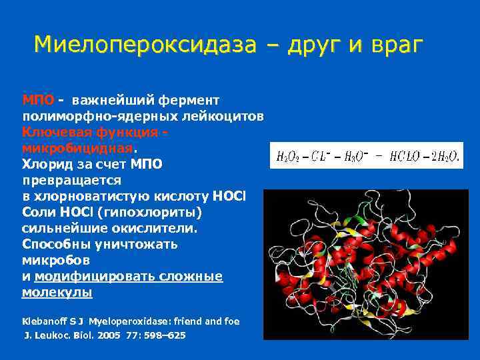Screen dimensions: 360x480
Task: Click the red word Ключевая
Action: pos(54,132)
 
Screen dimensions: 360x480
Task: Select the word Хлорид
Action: pos(47,164)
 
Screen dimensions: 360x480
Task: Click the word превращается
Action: pos(71,180)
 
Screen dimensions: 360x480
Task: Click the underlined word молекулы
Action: pos(57,292)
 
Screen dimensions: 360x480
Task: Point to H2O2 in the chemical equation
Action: pos(288,157)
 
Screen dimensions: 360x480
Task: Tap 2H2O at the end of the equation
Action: pos(445,157)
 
